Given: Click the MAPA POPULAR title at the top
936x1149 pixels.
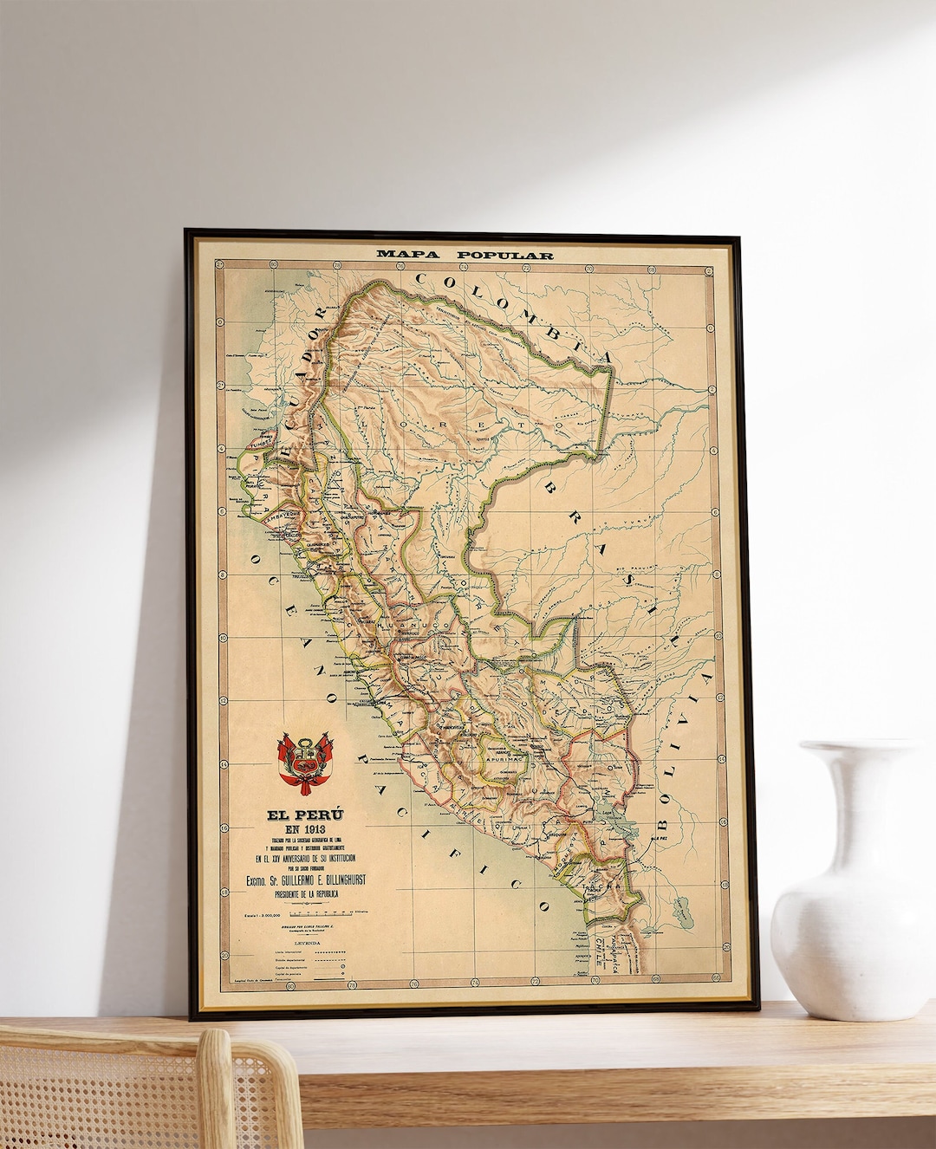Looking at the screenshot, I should coord(464,255).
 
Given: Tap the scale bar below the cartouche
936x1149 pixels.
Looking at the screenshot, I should coord(321,912).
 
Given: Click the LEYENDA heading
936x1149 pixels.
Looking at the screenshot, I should coord(306,943).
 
